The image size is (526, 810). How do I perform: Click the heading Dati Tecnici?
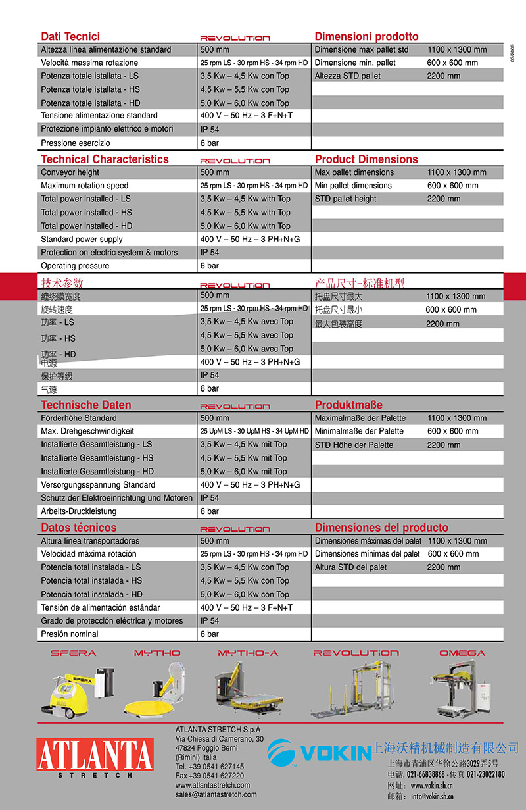coord(70,37)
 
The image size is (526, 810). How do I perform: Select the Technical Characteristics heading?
coord(105,159)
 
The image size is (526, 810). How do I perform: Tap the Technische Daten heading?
coord(86,405)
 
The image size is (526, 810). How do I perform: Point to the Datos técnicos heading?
coord(79,528)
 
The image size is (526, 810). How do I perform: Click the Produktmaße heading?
coord(348,405)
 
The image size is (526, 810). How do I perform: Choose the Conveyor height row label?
coord(70,172)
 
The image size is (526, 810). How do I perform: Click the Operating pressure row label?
coord(75,266)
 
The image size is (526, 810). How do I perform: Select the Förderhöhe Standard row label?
coord(79,418)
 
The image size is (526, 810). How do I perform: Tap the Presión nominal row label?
coord(70,634)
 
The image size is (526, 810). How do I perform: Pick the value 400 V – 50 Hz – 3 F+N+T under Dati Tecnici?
coord(247,116)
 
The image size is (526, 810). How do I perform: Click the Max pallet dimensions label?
coord(354,172)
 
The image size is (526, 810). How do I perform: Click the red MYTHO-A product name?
coord(248,653)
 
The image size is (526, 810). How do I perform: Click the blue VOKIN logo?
coord(320,752)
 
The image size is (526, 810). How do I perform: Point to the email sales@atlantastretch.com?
coord(216,794)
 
